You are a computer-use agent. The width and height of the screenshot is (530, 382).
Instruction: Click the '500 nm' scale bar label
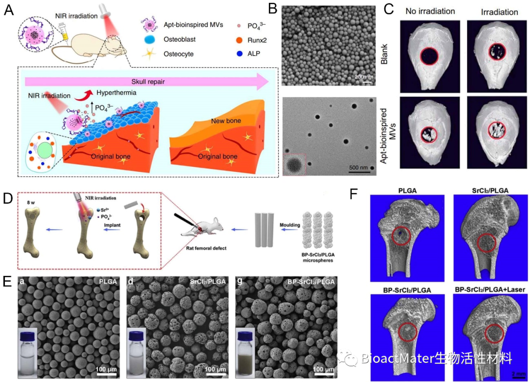[359, 167]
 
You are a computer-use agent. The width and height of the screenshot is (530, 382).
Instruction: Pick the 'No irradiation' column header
[427, 11]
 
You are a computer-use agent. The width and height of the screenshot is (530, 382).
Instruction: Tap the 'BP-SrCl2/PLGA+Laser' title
[489, 290]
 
